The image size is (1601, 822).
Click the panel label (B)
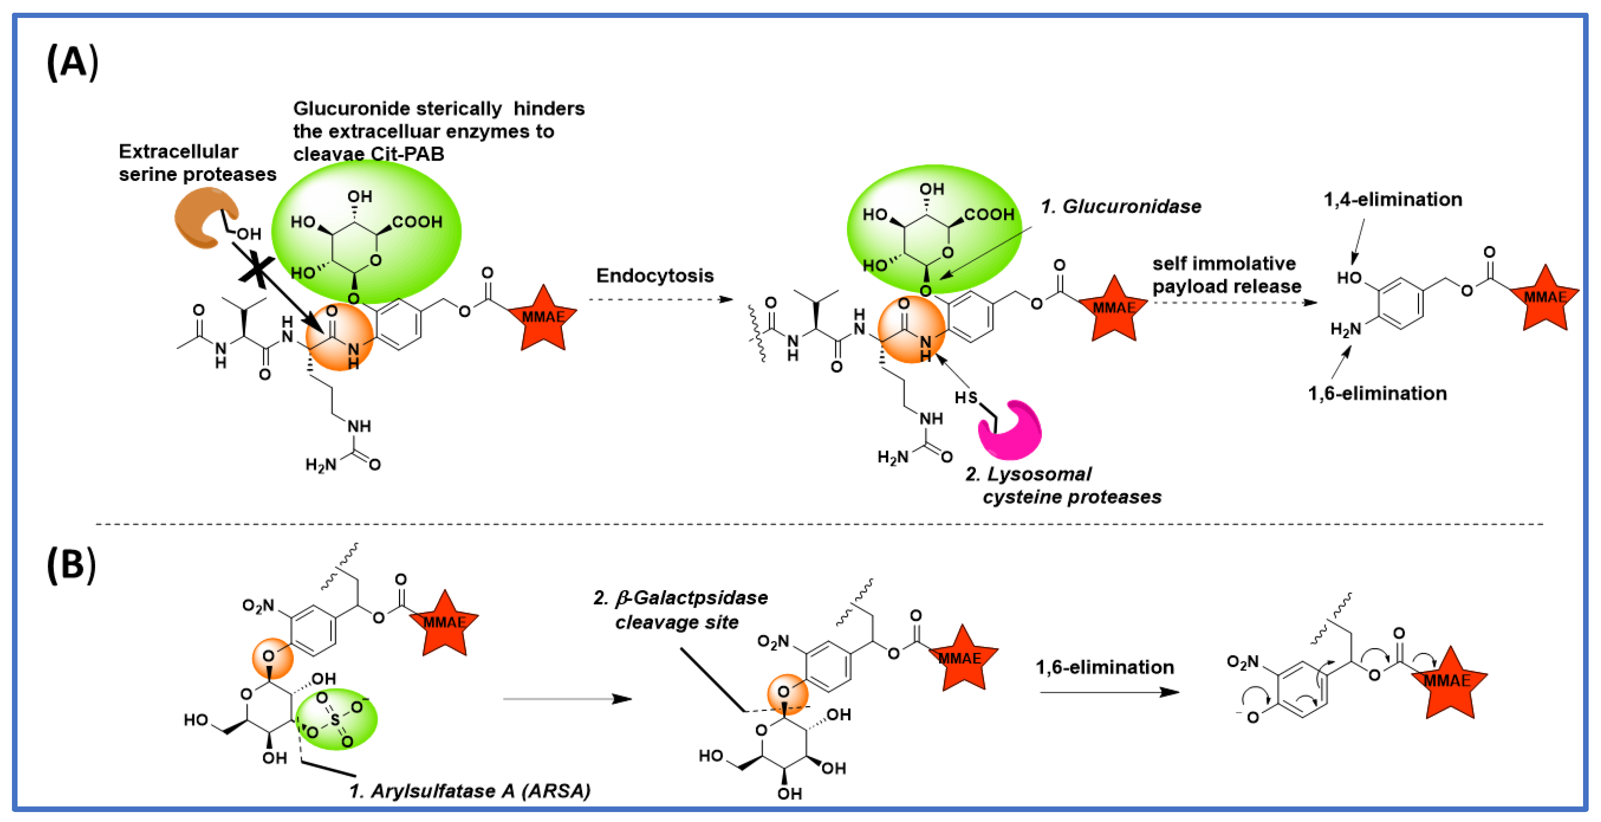click(x=71, y=565)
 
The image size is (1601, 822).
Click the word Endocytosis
click(x=655, y=275)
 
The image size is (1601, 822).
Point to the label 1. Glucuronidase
click(x=1120, y=206)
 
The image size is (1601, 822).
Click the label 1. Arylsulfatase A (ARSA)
click(x=469, y=791)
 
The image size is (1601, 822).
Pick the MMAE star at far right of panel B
click(x=1448, y=683)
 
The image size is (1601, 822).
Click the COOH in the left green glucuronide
click(x=417, y=222)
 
